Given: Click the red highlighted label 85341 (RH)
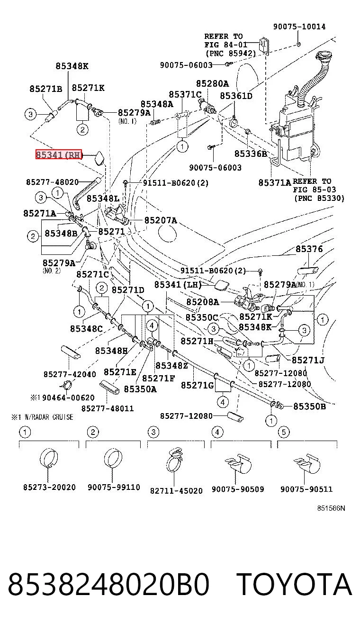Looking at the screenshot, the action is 59,154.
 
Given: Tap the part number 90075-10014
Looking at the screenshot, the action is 299,27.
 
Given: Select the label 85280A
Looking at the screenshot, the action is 212,83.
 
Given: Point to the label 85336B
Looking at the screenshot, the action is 251,154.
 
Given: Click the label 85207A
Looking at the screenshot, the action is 161,220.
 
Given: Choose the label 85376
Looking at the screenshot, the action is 309,249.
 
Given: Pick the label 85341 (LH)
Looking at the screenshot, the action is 178,284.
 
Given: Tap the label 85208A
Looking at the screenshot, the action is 203,302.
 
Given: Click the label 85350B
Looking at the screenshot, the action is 309,406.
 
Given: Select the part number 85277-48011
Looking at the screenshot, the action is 108,408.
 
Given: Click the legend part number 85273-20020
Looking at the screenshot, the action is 49,487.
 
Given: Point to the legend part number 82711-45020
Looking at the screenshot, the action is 176,491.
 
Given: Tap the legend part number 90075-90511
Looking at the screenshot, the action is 306,489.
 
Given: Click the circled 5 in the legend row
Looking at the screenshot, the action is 284,432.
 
